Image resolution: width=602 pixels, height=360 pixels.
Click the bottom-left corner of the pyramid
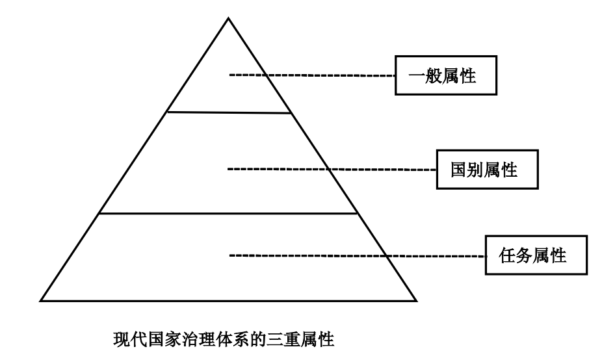pos(41,301)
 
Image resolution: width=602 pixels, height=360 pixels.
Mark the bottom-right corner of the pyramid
pos(416,301)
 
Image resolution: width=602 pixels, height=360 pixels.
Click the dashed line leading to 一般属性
pos(312,76)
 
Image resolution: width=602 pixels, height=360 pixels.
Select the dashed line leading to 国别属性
pos(332,170)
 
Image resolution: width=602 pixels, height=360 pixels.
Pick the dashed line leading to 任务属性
pos(358,255)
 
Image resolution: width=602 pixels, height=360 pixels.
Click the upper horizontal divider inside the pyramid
pos(228,112)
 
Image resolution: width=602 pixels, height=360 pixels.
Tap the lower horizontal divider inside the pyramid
pos(228,212)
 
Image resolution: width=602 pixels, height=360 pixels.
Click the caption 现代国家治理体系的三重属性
pos(224,339)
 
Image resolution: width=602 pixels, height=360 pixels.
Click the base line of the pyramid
pos(228,301)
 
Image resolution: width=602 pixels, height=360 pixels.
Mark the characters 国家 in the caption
pos(159,339)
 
